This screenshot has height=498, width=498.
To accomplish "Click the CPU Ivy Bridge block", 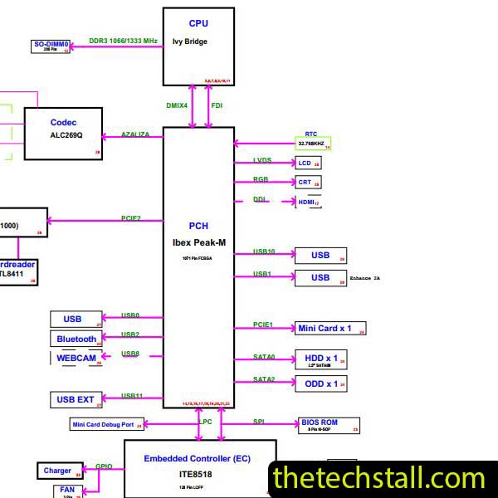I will pos(198,46).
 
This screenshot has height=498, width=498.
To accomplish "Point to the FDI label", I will pos(217,105).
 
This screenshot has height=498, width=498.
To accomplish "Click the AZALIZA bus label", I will pos(135,134).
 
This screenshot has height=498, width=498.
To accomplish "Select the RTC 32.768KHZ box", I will pos(313,143).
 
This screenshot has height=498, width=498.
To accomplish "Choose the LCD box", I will pos(308,164).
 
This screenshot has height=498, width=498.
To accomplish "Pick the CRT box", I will pos(308,182).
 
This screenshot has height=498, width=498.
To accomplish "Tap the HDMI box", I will pos(308,202).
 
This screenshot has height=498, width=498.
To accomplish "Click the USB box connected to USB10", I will pos(320,256).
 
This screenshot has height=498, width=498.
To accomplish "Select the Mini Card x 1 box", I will pos(330,329).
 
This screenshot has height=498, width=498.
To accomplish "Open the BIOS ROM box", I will pos(329,425).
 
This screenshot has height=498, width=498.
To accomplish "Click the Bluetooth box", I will pos(76,339).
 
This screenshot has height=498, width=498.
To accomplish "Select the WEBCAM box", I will pos(76,358).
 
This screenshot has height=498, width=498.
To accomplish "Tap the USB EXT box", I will pos(76,399).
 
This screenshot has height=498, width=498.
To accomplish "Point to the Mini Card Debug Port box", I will pos(106,425).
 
